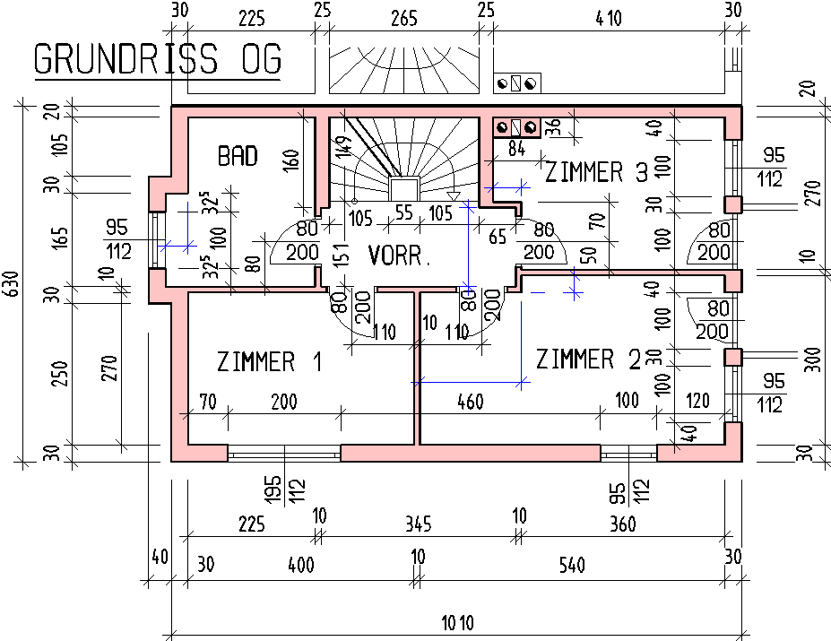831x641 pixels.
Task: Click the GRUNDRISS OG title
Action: click(158, 58)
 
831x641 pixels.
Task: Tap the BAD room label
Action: click(238, 156)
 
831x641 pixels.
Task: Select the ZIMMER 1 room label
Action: click(269, 362)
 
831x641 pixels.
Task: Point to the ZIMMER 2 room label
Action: click(588, 359)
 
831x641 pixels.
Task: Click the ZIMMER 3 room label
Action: click(596, 172)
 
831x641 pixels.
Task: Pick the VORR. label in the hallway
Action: click(399, 256)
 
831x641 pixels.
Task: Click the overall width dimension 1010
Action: click(458, 622)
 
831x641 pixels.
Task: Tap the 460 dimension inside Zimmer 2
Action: click(471, 402)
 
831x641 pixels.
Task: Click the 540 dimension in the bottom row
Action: click(572, 565)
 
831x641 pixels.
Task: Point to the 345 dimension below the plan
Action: click(419, 524)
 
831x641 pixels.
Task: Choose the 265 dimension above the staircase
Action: click(404, 19)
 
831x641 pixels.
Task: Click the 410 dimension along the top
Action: click(609, 19)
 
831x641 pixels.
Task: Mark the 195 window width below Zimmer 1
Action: click(272, 489)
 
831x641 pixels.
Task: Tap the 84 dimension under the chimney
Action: click(516, 149)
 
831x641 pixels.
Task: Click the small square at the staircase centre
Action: click(404, 190)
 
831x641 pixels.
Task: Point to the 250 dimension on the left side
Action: click(61, 374)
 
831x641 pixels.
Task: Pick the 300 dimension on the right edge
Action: click(815, 359)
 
